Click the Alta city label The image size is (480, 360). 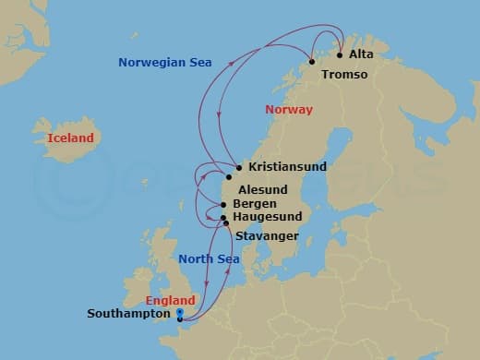coord(362,55)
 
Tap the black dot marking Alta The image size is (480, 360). coord(341,54)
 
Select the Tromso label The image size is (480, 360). coord(345,74)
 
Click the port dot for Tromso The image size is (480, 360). coord(312,62)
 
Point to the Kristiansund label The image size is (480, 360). coord(282,168)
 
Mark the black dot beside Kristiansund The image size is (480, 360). coord(239,168)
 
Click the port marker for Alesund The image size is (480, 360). coord(229,176)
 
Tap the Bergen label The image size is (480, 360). coord(254,203)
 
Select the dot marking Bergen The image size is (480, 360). coord(223,204)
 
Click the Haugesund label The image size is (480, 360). coord(268,218)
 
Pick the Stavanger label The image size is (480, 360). coord(267,236)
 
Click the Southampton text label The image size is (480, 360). coord(128,313)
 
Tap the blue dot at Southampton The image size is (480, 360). coord(179,313)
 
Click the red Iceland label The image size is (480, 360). coord(70,138)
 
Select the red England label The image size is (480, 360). coord(171,301)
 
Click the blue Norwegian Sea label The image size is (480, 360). coord(165,63)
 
